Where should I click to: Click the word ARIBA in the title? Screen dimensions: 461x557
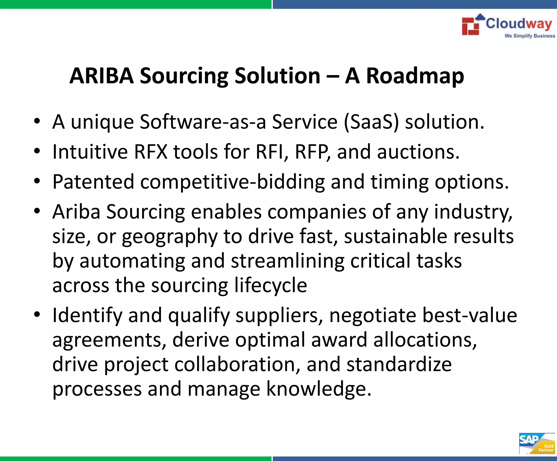click(x=101, y=76)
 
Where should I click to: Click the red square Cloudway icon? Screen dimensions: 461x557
click(x=471, y=26)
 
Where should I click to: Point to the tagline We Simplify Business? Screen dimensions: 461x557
click(x=530, y=36)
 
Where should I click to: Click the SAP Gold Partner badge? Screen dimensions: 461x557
click(x=537, y=444)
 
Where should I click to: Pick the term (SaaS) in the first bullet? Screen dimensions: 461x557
click(x=371, y=122)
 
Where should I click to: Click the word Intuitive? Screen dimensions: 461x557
click(x=90, y=152)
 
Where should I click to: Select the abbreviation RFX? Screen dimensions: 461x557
click(x=151, y=152)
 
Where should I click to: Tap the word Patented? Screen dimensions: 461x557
click(x=93, y=182)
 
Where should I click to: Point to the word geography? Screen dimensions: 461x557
click(x=169, y=237)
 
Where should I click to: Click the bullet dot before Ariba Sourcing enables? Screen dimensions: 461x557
click(x=37, y=211)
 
